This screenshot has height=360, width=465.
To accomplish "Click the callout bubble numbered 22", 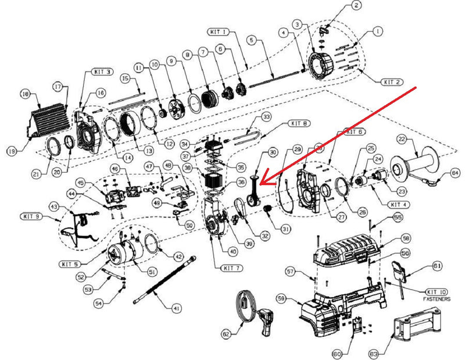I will (x=401, y=138).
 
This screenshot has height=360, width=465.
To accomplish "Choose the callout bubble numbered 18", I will (x=24, y=94).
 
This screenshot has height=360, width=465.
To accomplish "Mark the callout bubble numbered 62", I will (x=227, y=334).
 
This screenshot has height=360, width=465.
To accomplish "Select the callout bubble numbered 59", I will (x=281, y=299).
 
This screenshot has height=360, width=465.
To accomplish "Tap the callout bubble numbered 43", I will (x=53, y=206).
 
